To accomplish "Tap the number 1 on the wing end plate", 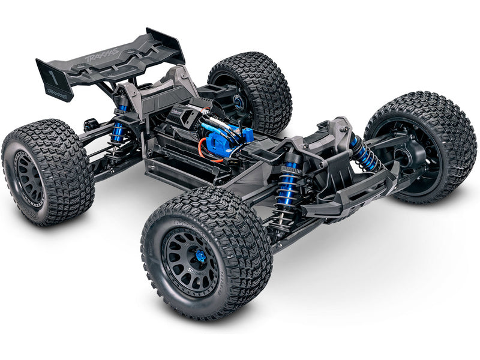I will pyautogui.click(x=52, y=77).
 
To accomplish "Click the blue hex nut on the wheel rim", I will pyautogui.click(x=200, y=257).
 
